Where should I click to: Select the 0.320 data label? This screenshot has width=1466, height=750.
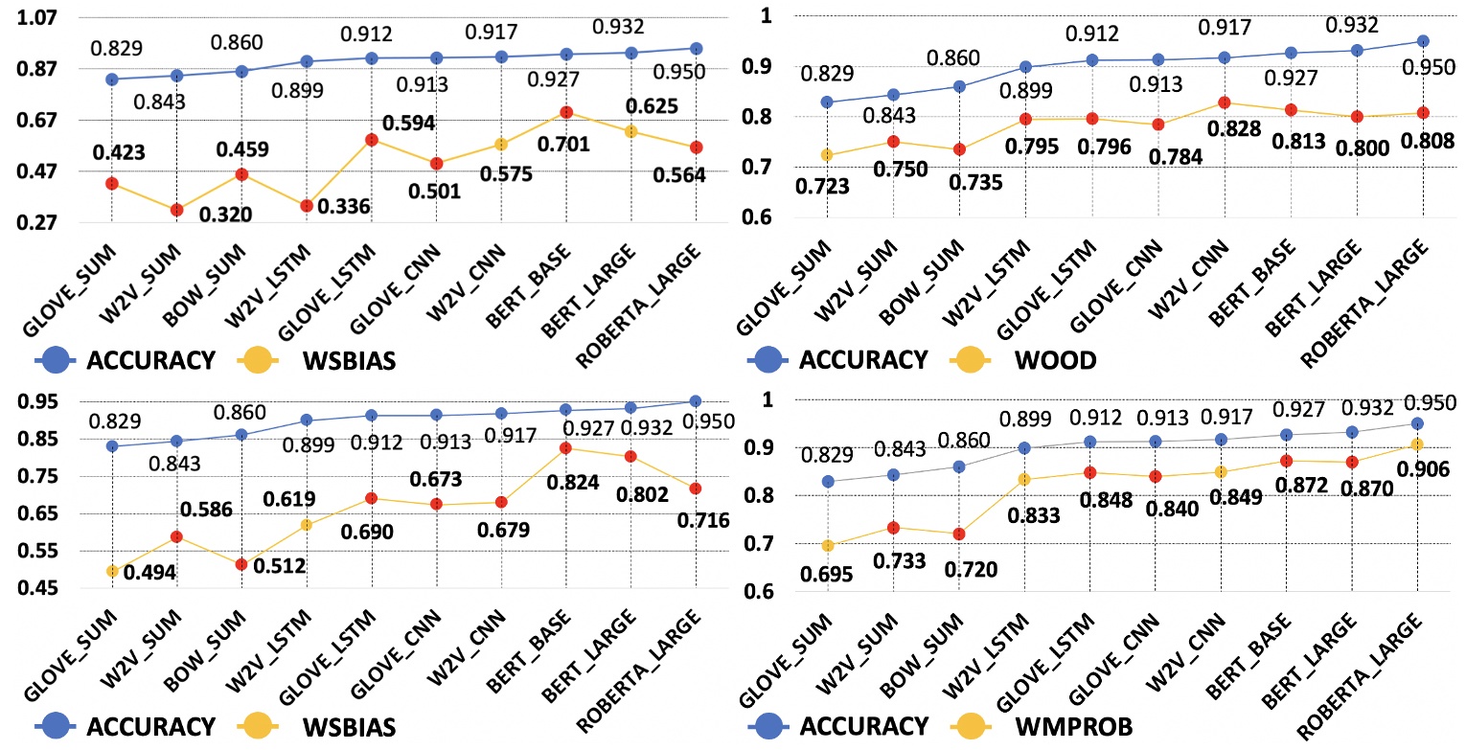pyautogui.click(x=226, y=214)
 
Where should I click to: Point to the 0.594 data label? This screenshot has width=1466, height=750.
pyautogui.click(x=410, y=124)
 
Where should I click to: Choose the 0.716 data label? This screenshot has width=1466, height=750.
pyautogui.click(x=703, y=521)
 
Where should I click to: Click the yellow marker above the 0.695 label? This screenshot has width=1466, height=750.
pyautogui.click(x=828, y=546)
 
